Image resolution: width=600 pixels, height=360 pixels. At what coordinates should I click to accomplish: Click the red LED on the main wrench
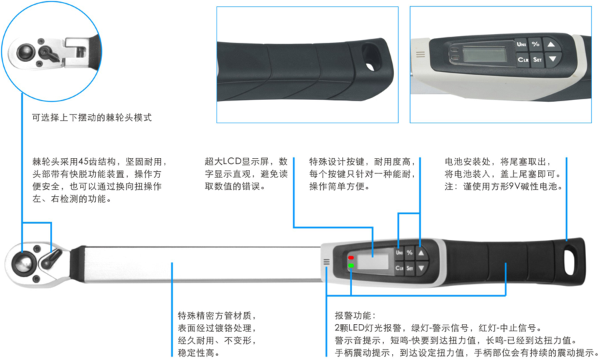(x=351, y=257)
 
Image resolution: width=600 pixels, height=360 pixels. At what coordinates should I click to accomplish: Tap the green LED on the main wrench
(x=351, y=265)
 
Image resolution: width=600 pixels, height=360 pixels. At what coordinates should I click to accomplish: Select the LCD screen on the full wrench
(x=373, y=261)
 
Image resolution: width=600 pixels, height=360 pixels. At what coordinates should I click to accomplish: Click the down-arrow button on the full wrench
(x=421, y=268)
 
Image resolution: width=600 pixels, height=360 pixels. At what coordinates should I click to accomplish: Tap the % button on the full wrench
(x=409, y=253)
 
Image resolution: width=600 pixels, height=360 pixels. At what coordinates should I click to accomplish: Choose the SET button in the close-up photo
(x=537, y=59)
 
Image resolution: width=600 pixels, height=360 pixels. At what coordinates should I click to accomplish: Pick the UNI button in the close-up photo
(x=521, y=45)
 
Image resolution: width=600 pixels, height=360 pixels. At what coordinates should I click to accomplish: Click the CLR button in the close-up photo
(x=523, y=60)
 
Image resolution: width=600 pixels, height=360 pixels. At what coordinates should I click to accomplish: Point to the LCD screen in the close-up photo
(x=485, y=54)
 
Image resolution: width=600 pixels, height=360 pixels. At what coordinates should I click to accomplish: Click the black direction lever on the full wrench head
(x=51, y=259)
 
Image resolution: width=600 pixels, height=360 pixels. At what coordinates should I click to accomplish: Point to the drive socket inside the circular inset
(x=26, y=52)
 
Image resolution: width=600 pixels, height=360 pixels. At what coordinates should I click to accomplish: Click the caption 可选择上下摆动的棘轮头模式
(x=92, y=117)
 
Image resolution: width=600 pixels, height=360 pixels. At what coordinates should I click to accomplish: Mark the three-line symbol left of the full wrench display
(x=327, y=262)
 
